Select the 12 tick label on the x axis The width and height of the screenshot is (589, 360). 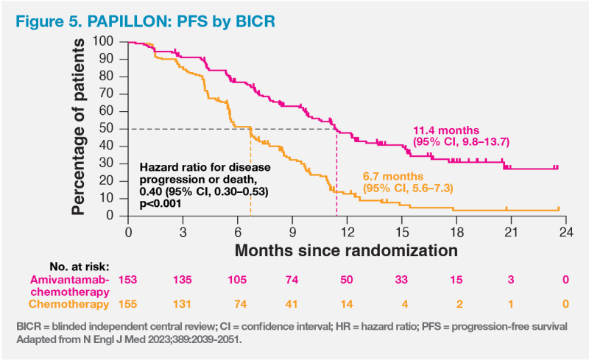click(x=347, y=233)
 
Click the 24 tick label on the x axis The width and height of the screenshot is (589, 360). click(x=565, y=233)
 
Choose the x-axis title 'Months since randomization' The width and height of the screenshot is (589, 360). click(x=346, y=250)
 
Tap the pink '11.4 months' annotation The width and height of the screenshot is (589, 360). click(x=442, y=130)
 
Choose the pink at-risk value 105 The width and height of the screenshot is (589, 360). click(x=238, y=280)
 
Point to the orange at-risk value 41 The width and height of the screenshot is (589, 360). click(x=292, y=303)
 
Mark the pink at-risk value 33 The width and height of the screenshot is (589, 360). click(x=401, y=280)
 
